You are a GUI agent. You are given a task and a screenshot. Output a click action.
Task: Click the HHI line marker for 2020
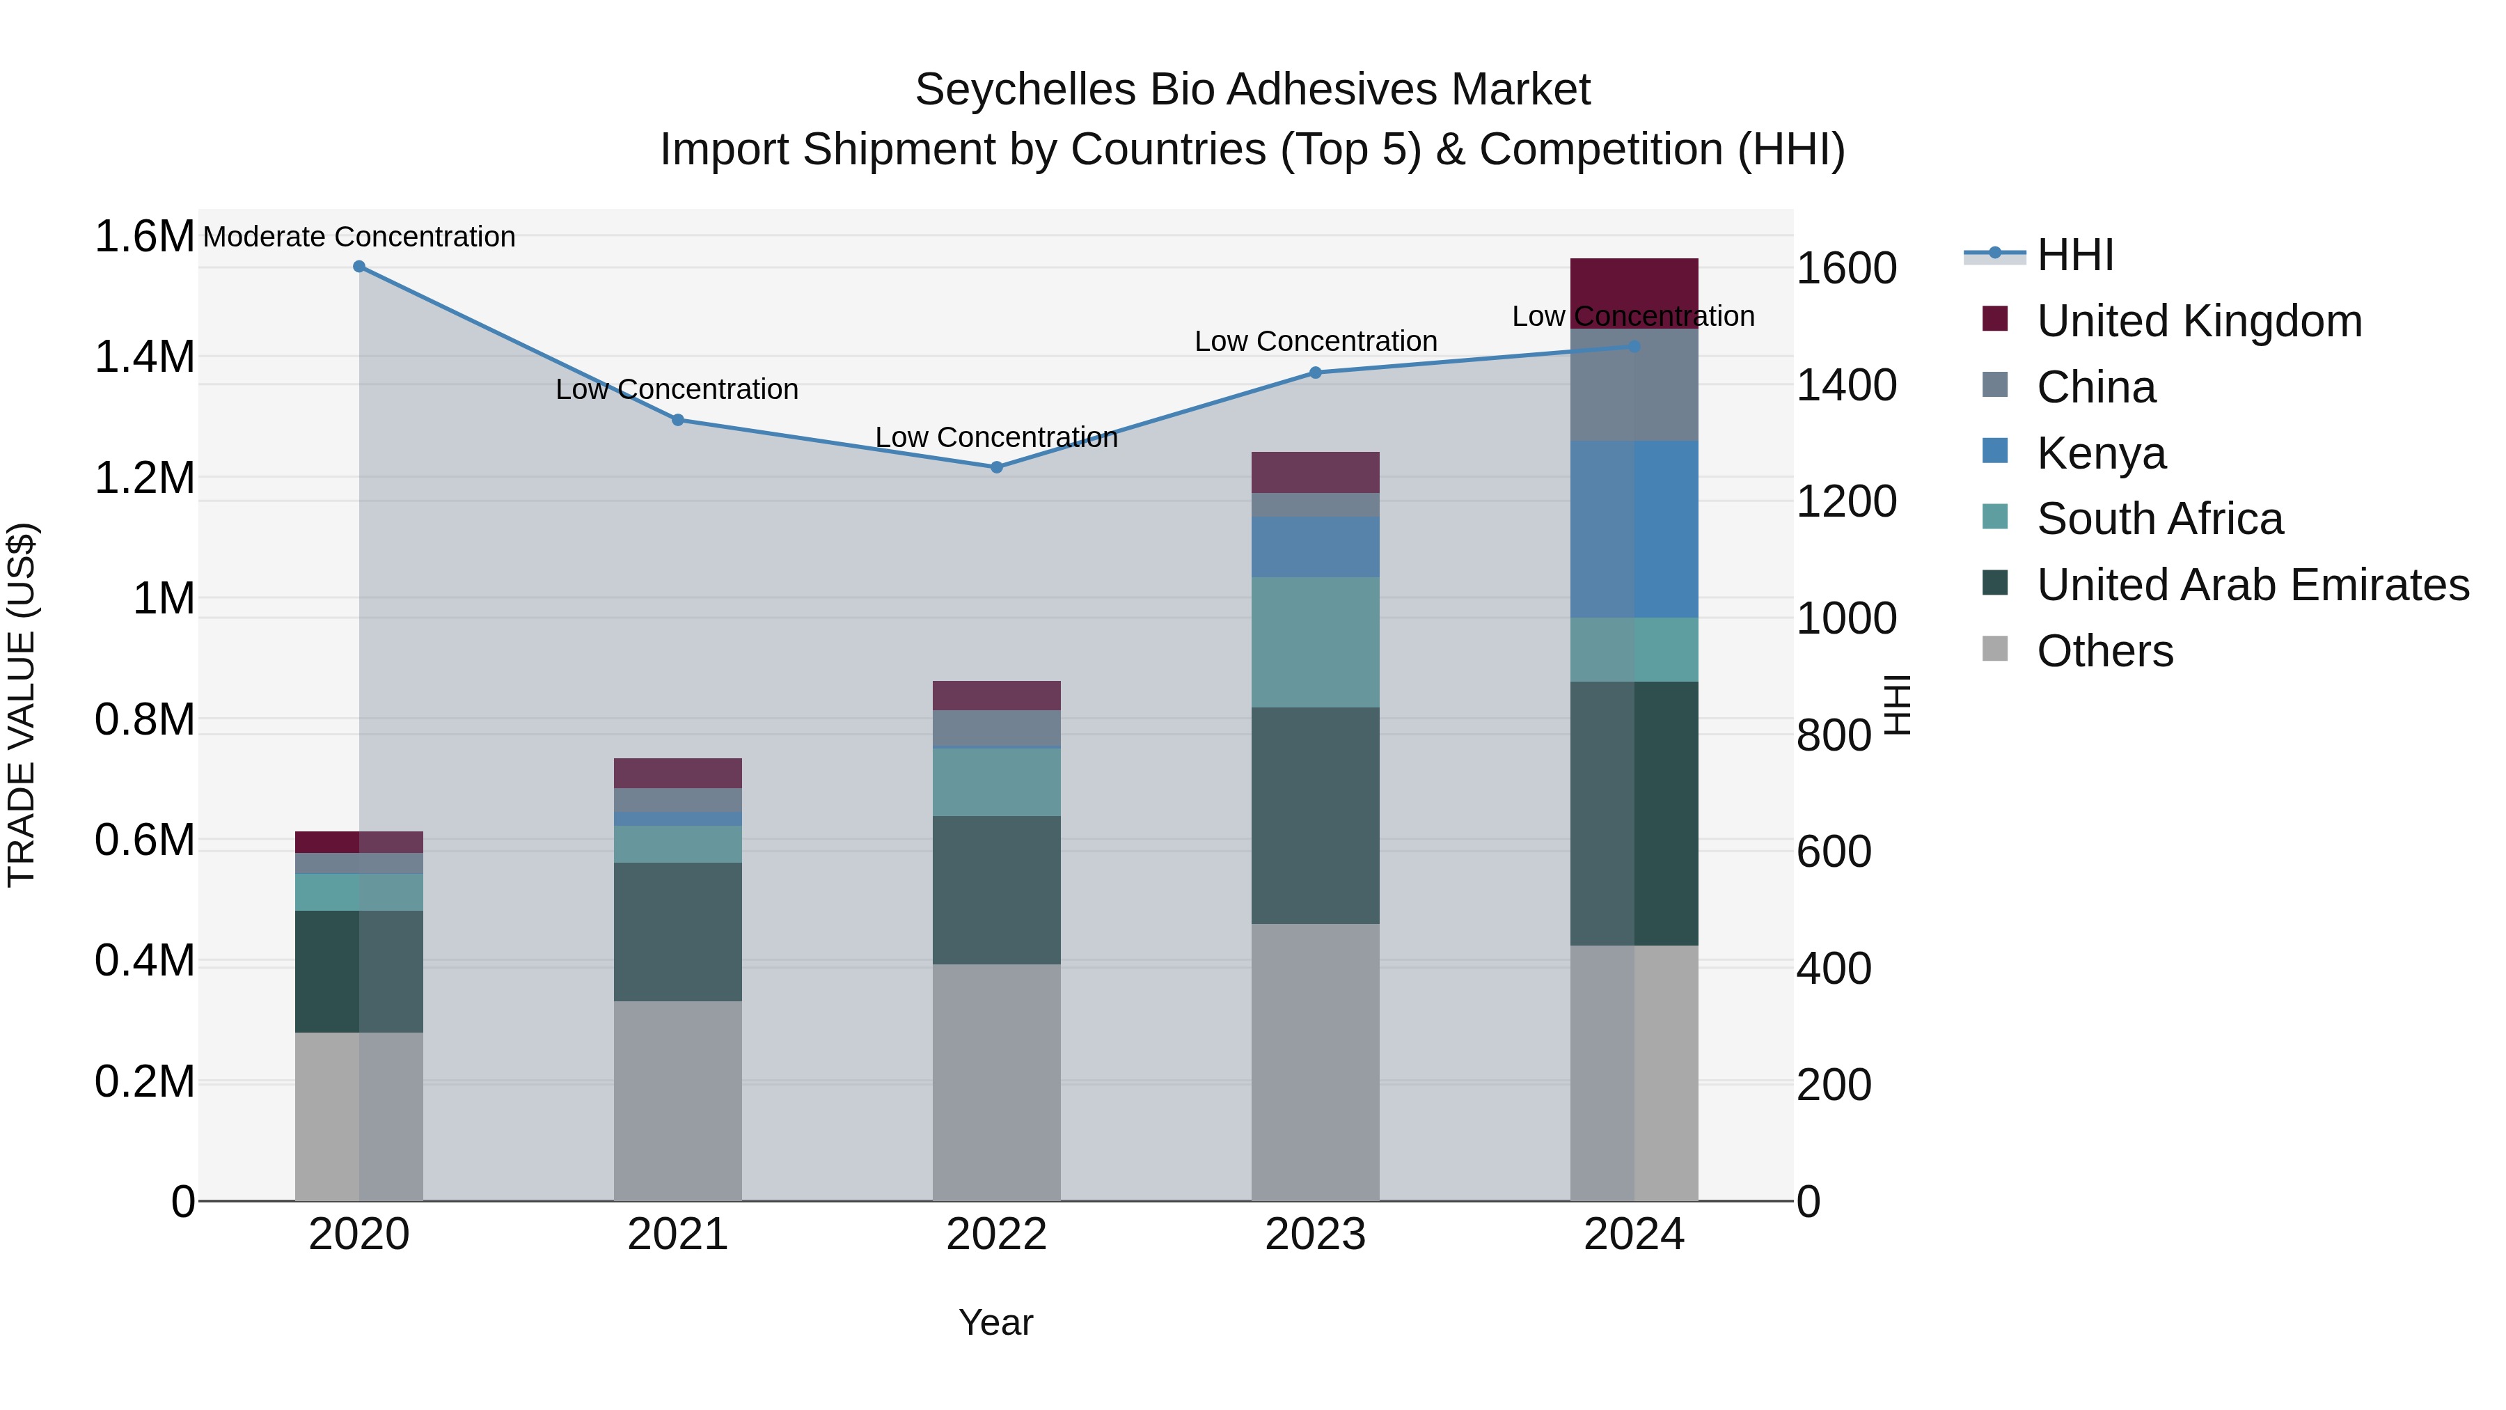tap(359, 267)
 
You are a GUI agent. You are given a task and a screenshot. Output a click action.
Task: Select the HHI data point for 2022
tap(996, 467)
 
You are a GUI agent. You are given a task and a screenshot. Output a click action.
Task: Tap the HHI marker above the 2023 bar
tap(1315, 373)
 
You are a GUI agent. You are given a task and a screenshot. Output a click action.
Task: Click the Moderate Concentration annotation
tap(359, 237)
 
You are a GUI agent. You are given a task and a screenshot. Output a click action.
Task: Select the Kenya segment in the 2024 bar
tap(1634, 529)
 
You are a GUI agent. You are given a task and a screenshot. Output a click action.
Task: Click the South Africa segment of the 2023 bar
tap(1315, 642)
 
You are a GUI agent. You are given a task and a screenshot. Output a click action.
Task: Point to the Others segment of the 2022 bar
tap(996, 1082)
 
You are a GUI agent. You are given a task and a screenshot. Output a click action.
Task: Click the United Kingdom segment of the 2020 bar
tap(359, 842)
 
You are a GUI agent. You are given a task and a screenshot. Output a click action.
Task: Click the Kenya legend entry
tap(2102, 453)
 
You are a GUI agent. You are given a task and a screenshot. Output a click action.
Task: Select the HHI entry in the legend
tap(2074, 255)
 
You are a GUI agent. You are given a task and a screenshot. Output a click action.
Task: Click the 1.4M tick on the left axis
tap(144, 357)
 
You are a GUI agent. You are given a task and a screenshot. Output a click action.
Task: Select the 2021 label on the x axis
tap(678, 1235)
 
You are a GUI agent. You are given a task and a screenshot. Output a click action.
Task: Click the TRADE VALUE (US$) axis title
tap(22, 705)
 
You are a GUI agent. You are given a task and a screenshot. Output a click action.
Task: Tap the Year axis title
tap(995, 1322)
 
